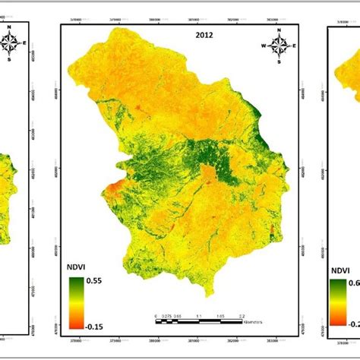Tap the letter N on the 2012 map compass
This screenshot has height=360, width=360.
click(x=279, y=31)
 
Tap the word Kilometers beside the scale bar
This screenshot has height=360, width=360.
click(x=257, y=320)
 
